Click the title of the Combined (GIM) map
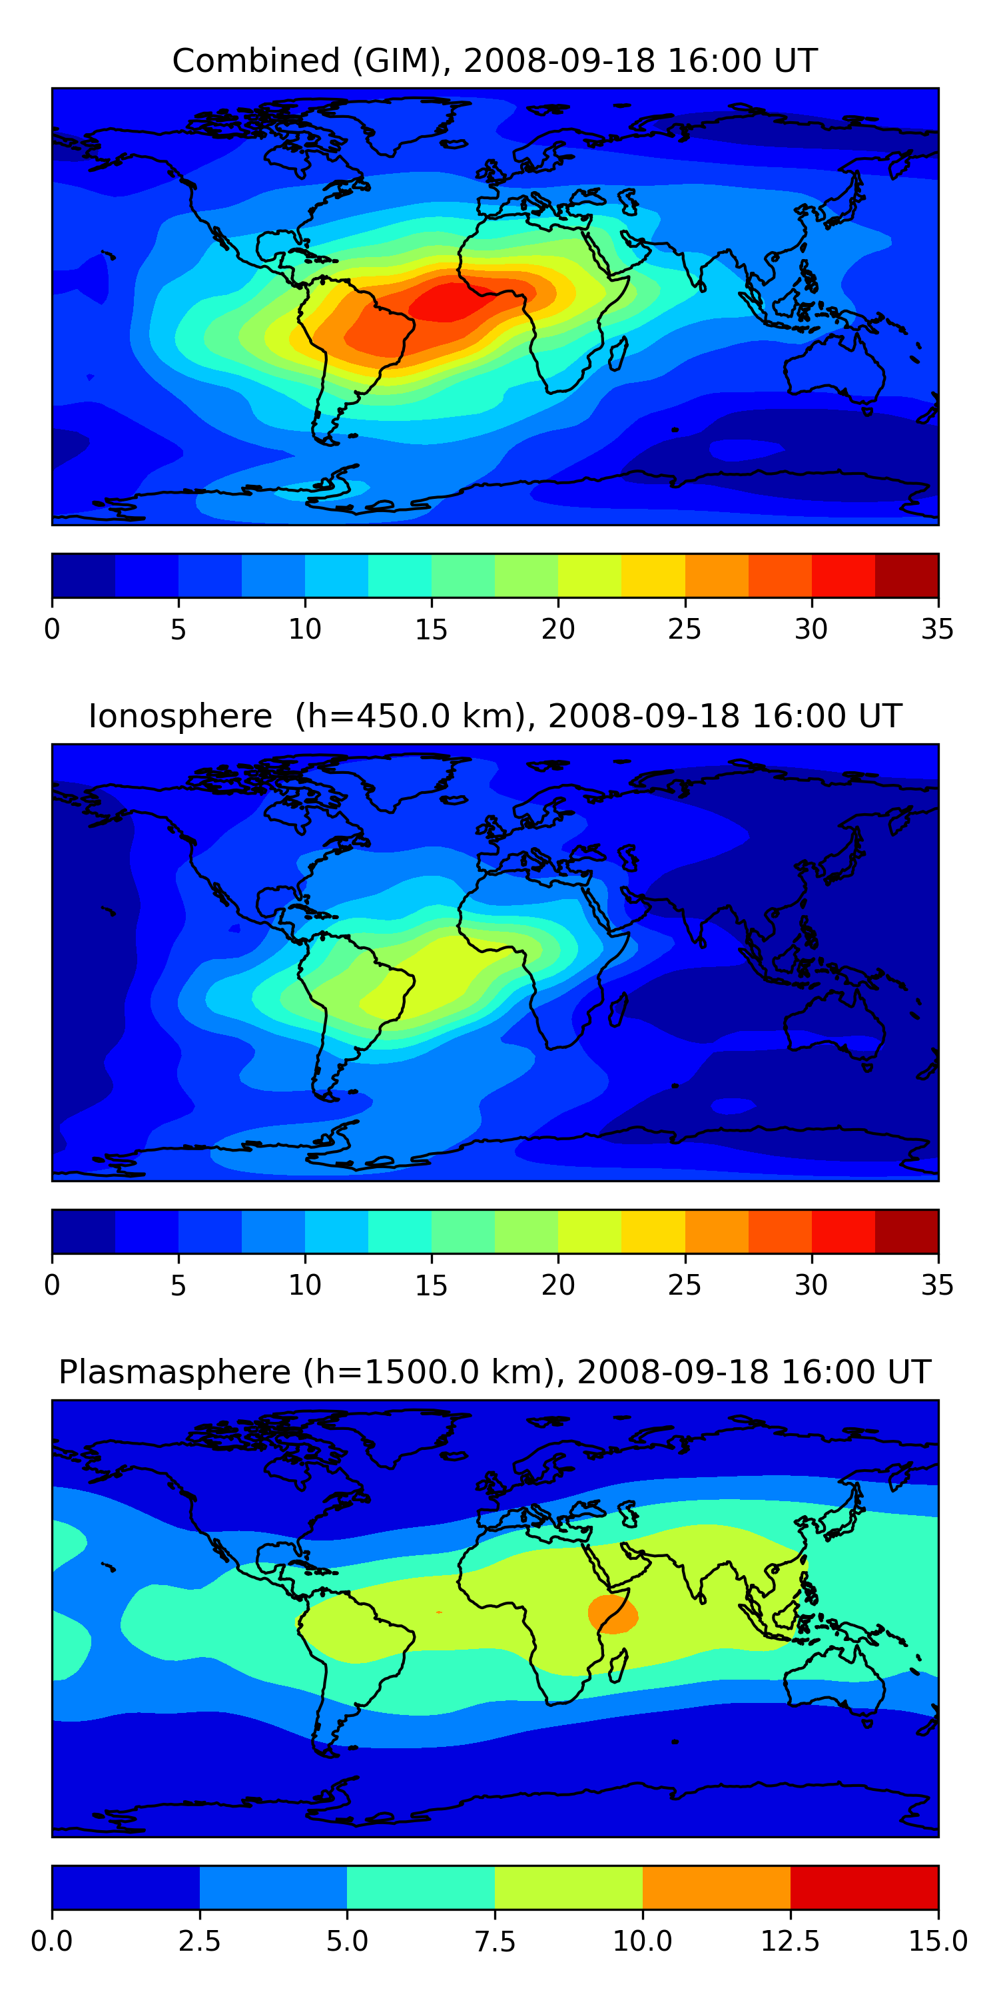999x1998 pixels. (x=495, y=61)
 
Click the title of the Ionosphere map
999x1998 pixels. (x=495, y=716)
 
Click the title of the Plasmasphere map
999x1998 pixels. (x=495, y=1372)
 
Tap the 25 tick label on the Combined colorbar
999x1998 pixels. (x=684, y=629)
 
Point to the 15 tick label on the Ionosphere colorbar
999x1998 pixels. (x=432, y=1285)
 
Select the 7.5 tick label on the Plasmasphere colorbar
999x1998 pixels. (x=495, y=1941)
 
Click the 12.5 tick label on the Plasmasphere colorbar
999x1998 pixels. (x=790, y=1941)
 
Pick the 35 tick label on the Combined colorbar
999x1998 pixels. (x=937, y=629)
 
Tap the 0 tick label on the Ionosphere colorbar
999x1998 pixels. (x=52, y=1285)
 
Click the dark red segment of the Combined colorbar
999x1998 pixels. (x=906, y=575)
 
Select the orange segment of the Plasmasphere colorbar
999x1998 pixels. (x=716, y=1887)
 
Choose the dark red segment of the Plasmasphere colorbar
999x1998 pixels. (x=864, y=1887)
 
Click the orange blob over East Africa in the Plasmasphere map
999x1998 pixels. (x=613, y=1615)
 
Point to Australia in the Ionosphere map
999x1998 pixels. (x=834, y=1024)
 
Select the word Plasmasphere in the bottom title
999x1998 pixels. (x=174, y=1372)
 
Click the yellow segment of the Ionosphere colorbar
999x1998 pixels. (x=653, y=1231)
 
